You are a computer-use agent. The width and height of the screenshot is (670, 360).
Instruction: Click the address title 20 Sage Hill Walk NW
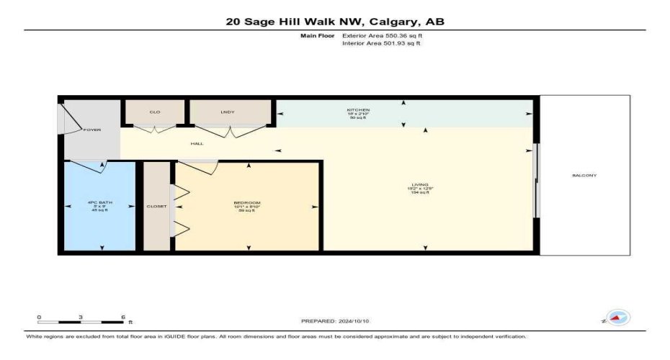click(x=335, y=22)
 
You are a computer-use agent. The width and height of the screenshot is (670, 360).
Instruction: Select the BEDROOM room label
click(x=247, y=202)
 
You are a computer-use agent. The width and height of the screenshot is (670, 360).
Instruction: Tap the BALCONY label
click(x=584, y=176)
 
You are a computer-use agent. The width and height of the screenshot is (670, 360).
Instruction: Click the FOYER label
click(x=92, y=130)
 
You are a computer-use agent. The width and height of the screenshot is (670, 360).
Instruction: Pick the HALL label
click(x=197, y=143)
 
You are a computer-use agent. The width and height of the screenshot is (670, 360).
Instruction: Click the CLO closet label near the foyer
click(x=155, y=112)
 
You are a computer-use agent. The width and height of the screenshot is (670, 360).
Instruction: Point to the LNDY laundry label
click(x=228, y=112)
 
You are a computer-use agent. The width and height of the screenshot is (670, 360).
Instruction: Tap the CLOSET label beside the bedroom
click(x=156, y=207)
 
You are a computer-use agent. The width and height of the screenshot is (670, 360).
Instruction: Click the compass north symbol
click(x=617, y=318)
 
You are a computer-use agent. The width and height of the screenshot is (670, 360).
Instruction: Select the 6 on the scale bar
click(x=124, y=318)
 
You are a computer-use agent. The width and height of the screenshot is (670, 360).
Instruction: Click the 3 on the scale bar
click(x=81, y=318)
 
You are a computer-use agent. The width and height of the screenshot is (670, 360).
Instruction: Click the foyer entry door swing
click(x=73, y=118)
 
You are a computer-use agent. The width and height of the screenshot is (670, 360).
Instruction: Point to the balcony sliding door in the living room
click(x=535, y=180)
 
